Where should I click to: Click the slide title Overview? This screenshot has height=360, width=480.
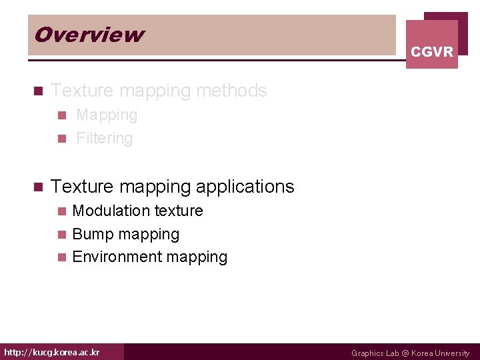(89, 35)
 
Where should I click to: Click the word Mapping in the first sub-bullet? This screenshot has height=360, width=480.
(107, 115)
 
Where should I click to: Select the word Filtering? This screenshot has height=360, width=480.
(105, 139)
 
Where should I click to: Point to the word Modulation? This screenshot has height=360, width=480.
(111, 211)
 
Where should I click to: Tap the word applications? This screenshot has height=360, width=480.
(248, 187)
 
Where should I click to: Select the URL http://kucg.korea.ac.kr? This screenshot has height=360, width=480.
(52, 352)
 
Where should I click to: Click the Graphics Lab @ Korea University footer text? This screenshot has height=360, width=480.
(410, 353)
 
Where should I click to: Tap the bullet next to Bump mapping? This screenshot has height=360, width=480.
(62, 235)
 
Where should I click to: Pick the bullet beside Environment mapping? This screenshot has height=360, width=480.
(62, 257)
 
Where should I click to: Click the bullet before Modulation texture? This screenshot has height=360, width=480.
(62, 211)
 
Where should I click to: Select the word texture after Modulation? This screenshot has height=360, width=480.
(178, 211)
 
